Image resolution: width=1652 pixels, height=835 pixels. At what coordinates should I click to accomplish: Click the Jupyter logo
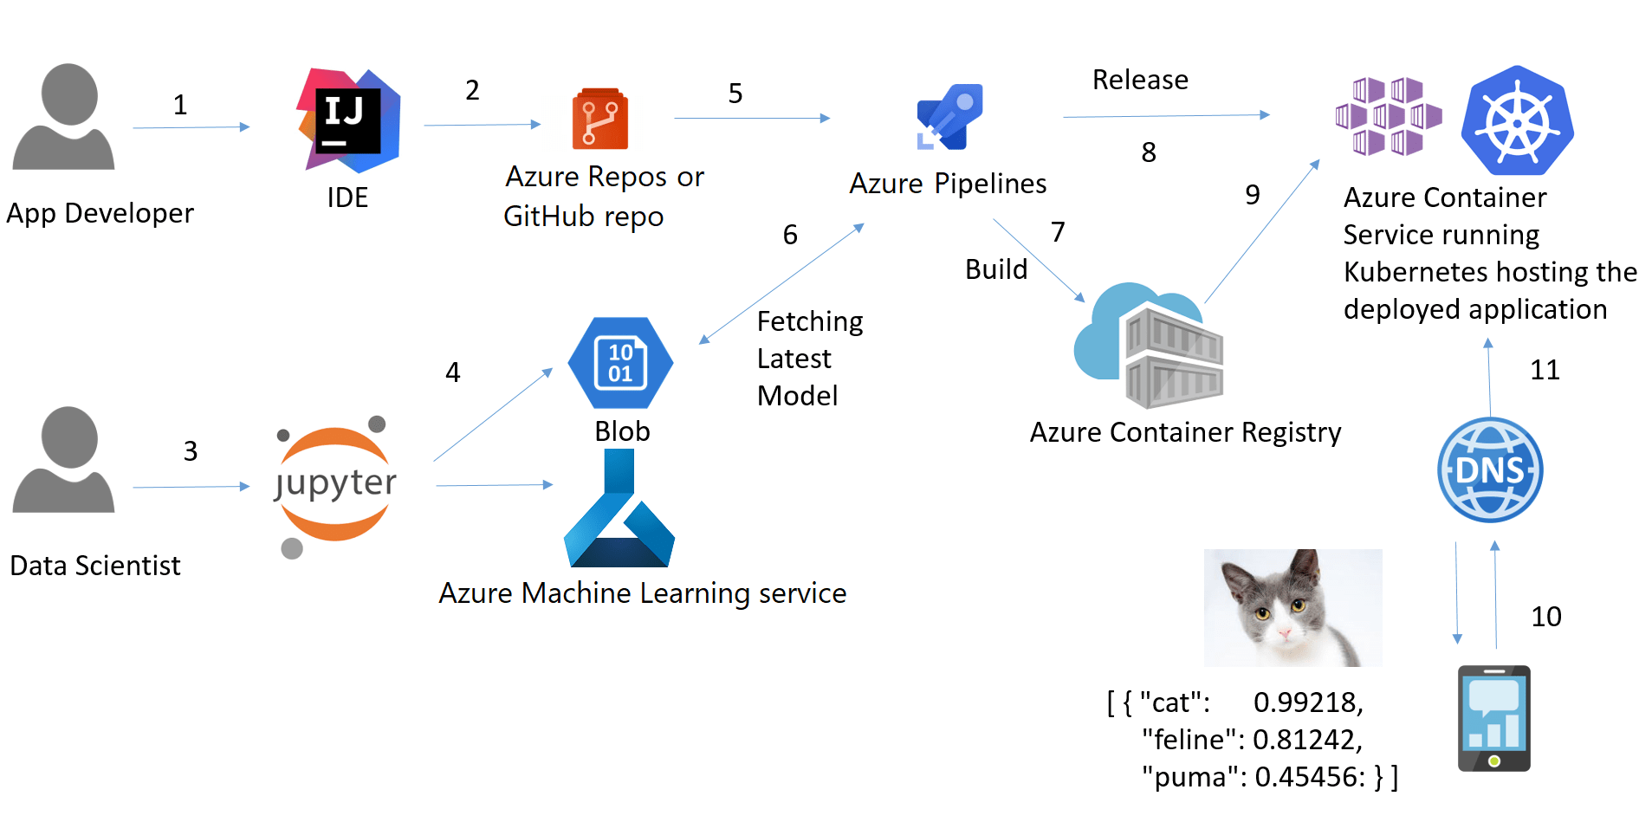pos(334,484)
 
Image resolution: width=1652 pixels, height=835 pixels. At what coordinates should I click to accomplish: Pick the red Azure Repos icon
pos(599,120)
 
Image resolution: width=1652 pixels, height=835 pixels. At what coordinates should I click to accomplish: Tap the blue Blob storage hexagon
pos(620,363)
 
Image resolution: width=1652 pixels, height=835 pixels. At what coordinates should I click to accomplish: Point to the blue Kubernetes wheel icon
pos(1517,121)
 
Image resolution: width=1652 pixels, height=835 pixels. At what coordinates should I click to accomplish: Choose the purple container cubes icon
pos(1389,116)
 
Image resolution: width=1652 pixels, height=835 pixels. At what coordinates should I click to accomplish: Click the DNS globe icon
pos(1490,470)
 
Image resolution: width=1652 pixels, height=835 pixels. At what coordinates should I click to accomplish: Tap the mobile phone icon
pos(1493,718)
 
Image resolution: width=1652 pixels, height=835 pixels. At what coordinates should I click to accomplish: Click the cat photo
pos(1292,607)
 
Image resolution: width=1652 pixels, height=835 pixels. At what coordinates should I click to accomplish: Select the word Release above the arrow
pos(1140,80)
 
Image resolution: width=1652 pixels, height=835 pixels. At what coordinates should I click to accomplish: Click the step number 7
pos(1058,232)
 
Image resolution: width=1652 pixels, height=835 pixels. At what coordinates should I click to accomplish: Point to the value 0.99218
pos(1307,702)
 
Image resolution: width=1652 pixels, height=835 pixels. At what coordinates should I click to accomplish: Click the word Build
pos(996,269)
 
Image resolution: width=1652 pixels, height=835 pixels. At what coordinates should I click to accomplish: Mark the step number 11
pos(1545,371)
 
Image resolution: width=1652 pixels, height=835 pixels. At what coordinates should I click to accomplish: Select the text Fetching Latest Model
pos(809,359)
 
